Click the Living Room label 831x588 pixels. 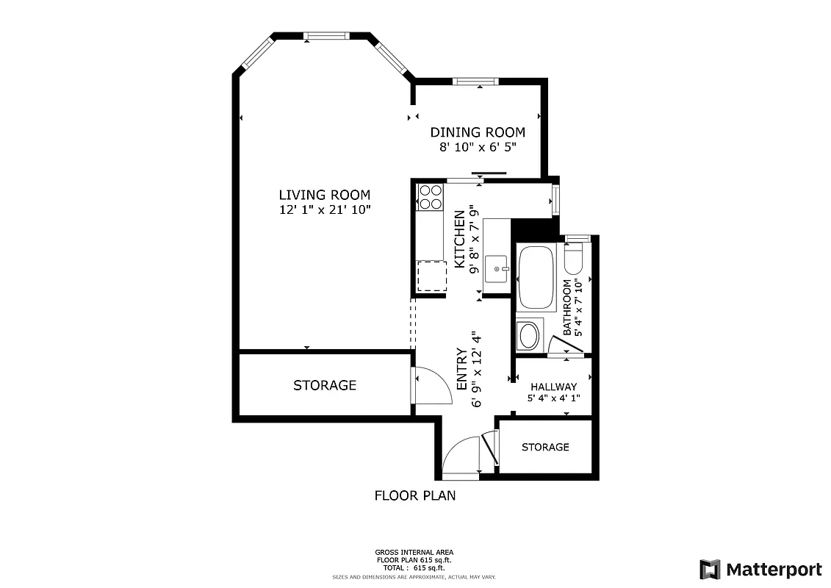click(324, 195)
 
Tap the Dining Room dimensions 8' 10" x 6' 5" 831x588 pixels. click(478, 147)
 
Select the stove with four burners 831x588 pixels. click(431, 196)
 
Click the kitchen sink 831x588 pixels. click(499, 269)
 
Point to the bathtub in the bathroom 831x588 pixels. click(537, 279)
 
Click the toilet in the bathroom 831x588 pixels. click(574, 257)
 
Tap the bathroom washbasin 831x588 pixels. click(528, 337)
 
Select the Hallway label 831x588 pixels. click(553, 387)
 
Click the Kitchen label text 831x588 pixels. click(460, 240)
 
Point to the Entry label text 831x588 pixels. click(462, 369)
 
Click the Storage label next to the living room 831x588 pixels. click(325, 385)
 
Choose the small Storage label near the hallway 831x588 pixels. click(545, 447)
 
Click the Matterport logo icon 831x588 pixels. click(710, 570)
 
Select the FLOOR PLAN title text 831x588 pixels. click(415, 495)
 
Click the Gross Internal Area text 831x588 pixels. click(414, 553)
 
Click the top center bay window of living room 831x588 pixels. click(325, 35)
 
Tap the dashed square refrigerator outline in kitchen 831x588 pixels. click(431, 276)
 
